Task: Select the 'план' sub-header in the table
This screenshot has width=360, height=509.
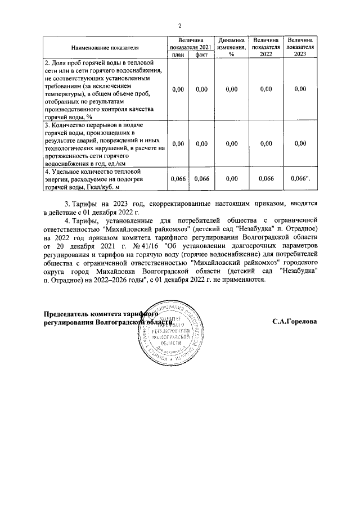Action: point(178,55)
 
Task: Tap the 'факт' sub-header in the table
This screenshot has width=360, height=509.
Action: point(201,55)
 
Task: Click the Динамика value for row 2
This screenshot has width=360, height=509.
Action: point(231,89)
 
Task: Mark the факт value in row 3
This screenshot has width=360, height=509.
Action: point(201,143)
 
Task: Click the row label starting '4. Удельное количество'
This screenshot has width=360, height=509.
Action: point(105,178)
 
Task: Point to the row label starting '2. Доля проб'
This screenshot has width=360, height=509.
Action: point(105,89)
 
